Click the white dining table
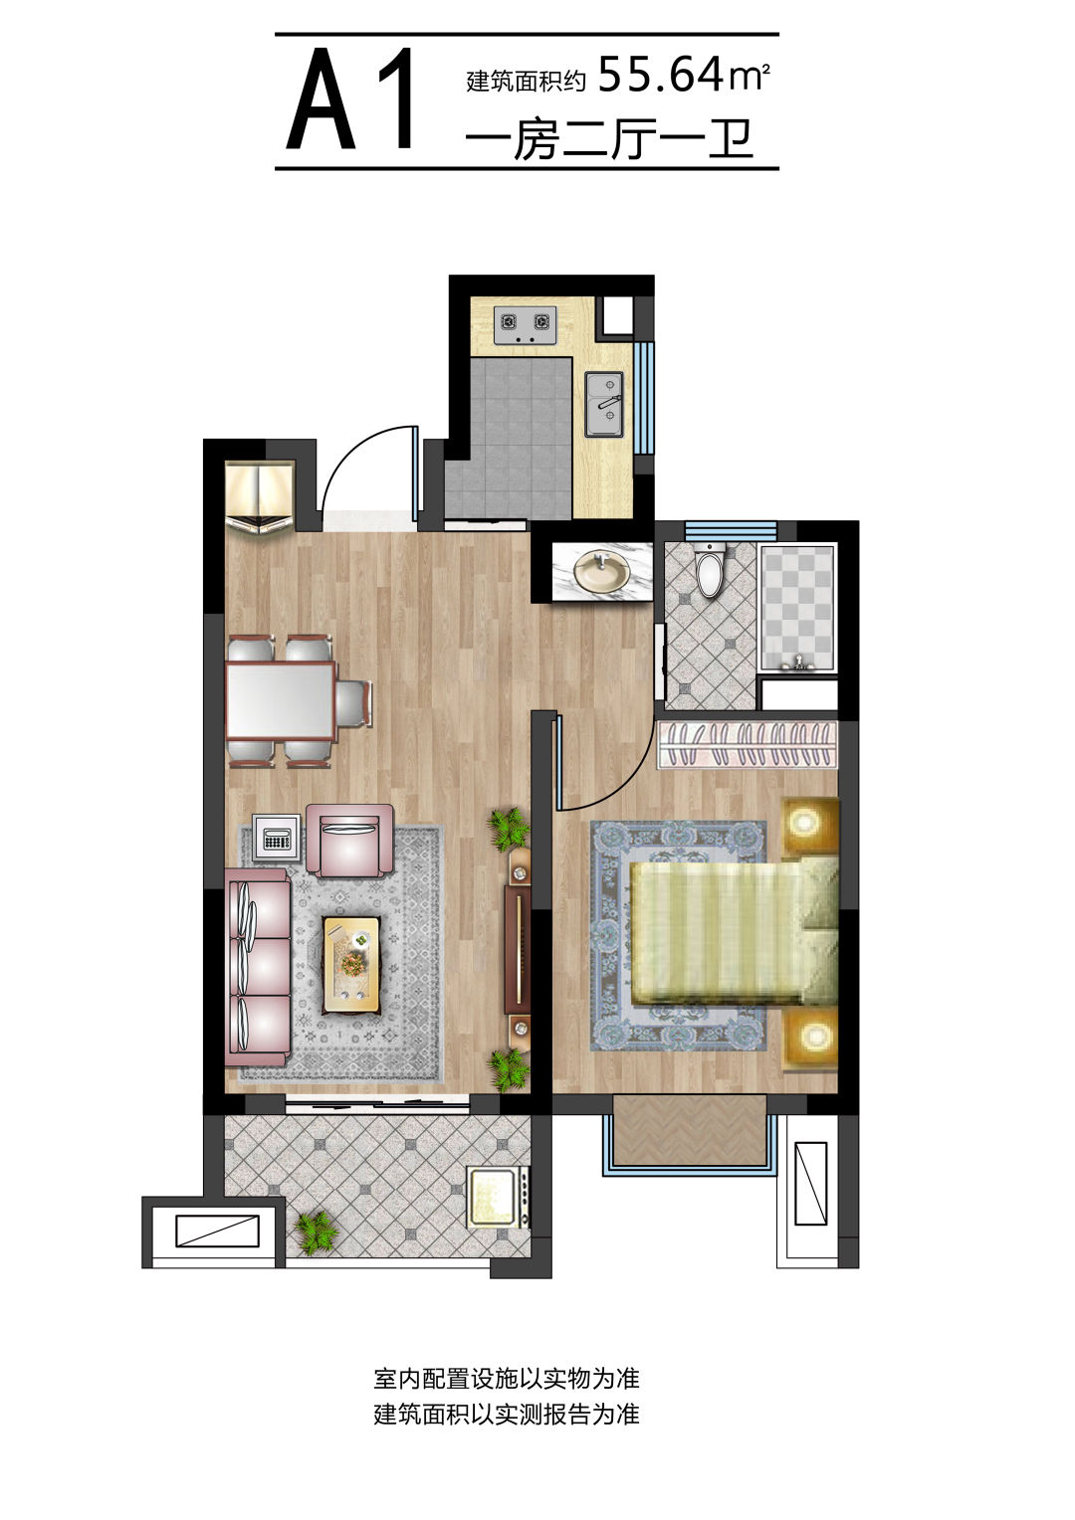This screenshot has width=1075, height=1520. point(281,699)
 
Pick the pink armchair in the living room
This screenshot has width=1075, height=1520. point(349,840)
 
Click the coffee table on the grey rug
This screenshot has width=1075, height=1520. point(351,965)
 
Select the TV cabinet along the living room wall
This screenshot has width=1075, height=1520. point(519,950)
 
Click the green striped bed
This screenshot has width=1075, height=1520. point(735,928)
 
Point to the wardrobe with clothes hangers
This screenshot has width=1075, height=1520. point(748,744)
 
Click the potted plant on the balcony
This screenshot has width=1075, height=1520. point(316,1233)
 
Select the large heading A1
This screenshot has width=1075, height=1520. point(350,99)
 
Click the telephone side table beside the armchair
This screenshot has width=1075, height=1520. point(276,838)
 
